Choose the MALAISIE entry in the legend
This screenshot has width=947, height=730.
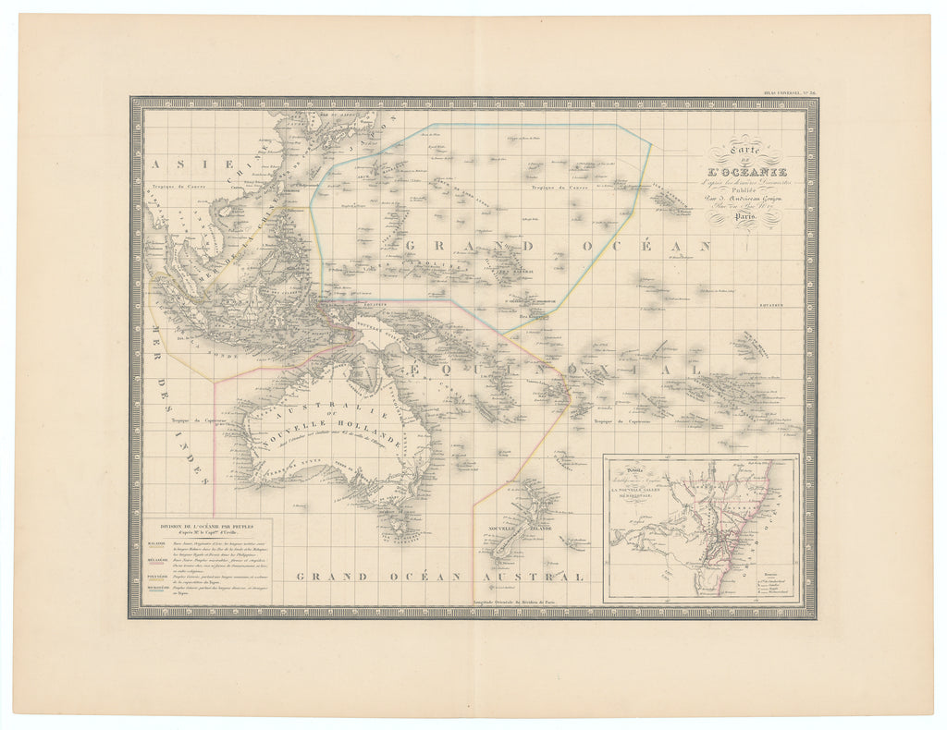click(156, 543)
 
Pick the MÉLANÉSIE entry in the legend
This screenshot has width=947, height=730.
click(156, 559)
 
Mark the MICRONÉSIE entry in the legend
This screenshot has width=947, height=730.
click(156, 588)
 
